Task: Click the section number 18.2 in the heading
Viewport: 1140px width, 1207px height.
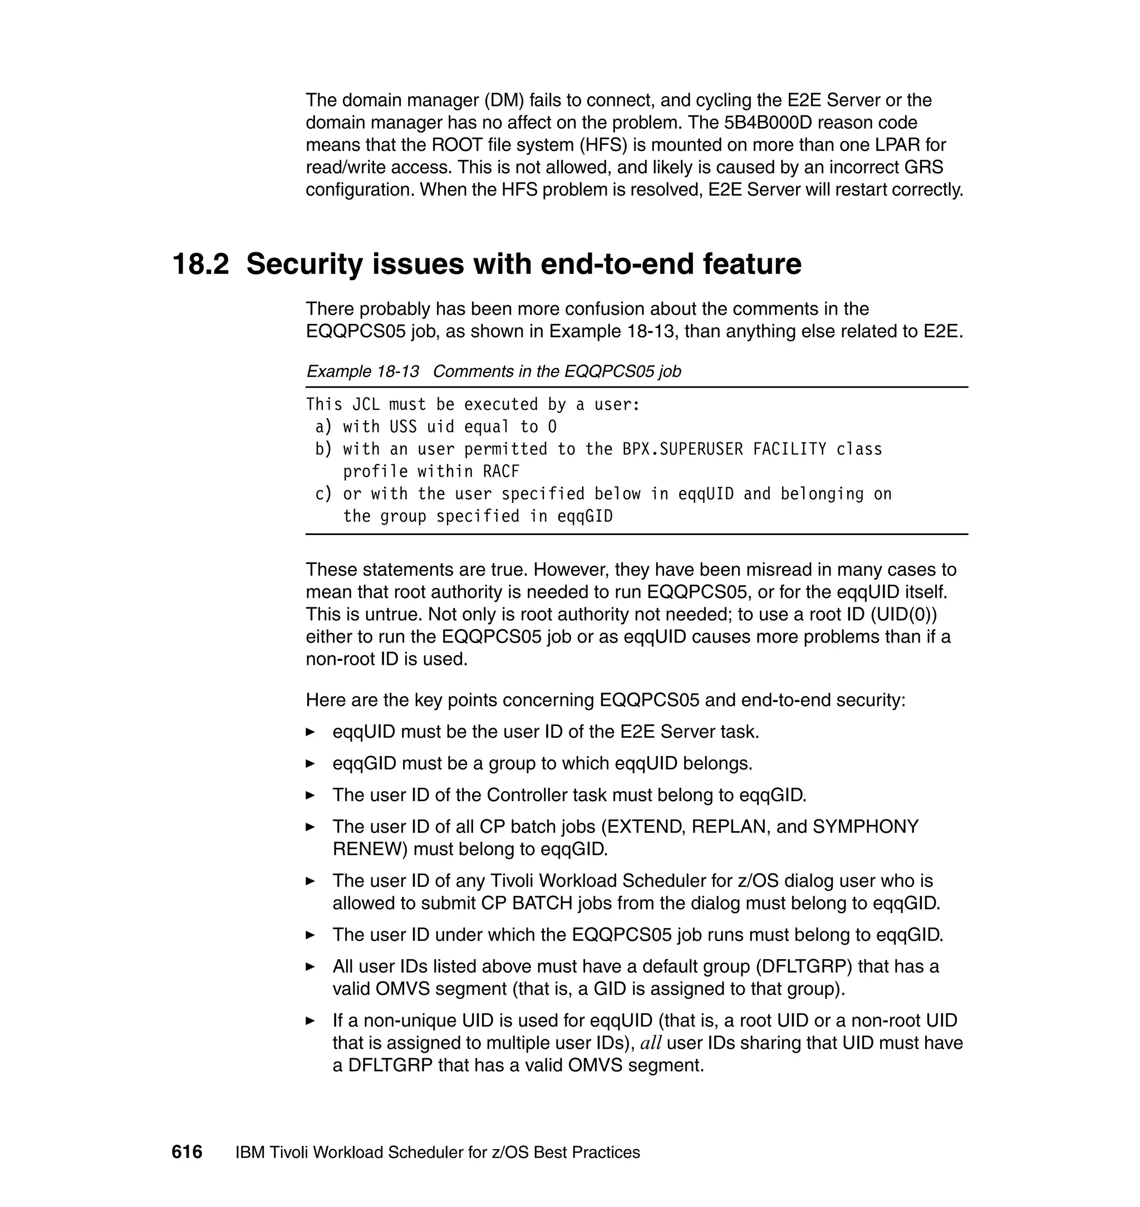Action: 200,264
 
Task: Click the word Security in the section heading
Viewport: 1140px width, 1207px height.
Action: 304,264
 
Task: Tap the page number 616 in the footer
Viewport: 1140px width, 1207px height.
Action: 186,1152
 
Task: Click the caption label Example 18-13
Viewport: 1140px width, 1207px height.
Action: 363,371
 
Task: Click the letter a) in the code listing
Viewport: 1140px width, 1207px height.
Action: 323,426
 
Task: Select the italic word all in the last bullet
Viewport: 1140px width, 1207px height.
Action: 651,1043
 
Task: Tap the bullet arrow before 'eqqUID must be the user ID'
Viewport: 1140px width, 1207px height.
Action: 311,732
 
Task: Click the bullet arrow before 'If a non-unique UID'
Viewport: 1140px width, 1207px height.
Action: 311,1020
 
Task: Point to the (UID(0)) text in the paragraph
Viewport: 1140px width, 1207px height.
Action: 903,615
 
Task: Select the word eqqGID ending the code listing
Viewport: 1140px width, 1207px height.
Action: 584,517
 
